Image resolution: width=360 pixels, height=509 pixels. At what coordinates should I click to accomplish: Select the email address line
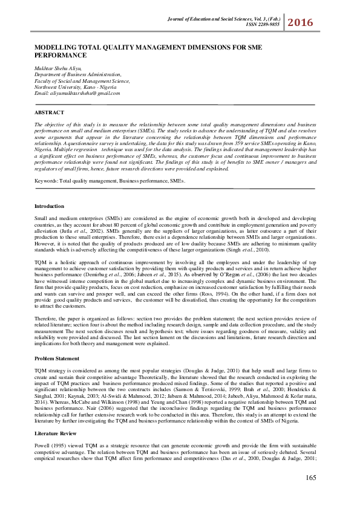point(77,93)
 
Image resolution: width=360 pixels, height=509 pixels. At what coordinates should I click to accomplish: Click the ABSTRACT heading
point(50,112)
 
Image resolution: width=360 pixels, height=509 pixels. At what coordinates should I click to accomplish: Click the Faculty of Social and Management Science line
point(82,82)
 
